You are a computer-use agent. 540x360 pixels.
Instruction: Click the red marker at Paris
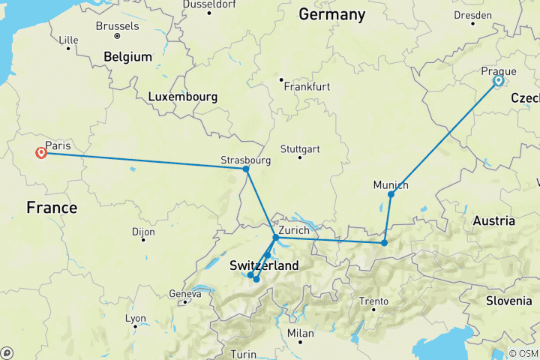41,153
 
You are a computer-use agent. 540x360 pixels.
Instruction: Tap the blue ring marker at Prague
498,81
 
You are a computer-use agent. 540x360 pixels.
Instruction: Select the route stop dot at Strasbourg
246,169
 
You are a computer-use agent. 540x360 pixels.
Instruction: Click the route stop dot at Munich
391,194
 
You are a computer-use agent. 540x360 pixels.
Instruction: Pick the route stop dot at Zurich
276,238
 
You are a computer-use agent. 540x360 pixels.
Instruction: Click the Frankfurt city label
307,86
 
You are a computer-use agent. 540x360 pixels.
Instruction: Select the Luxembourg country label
182,97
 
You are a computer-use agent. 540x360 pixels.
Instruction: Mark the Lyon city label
136,318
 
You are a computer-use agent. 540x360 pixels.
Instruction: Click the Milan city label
301,332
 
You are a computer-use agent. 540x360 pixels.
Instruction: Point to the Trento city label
373,301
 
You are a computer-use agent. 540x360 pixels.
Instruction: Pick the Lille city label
68,39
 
